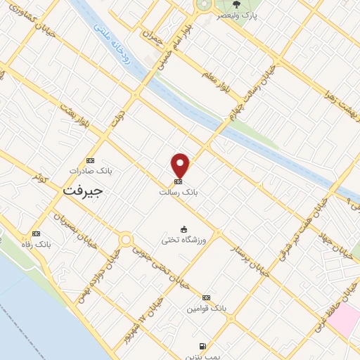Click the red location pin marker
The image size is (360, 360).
coord(181,165)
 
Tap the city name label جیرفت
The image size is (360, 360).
coord(82,191)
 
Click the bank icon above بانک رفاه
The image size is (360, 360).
coord(37,233)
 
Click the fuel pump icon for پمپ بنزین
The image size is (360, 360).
coord(203,346)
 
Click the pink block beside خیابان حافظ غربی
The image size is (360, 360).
coord(342,320)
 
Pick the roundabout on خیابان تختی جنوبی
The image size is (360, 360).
coord(126,240)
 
